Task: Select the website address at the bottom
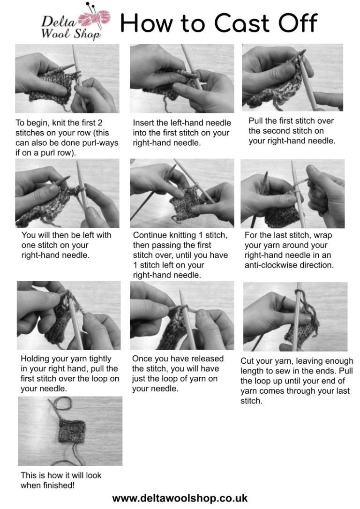pos(180,498)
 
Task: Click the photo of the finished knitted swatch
pos(70,431)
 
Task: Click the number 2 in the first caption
pos(100,123)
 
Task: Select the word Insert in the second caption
pos(143,123)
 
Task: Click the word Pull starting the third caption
pos(256,121)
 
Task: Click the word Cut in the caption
pos(247,361)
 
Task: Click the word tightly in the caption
pos(97,359)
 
